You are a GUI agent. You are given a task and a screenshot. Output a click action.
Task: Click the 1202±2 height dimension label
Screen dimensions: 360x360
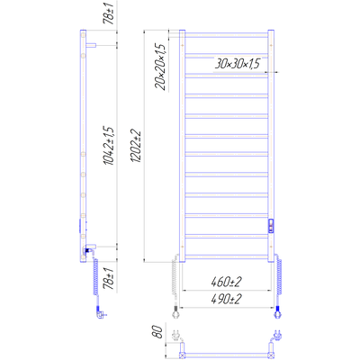136,147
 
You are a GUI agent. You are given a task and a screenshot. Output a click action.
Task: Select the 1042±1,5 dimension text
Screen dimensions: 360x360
109,146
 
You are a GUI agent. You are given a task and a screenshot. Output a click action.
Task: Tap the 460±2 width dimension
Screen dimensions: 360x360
226,283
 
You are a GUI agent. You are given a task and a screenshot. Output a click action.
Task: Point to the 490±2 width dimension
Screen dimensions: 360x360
226,300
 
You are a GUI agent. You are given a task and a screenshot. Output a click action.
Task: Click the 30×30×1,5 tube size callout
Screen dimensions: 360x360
237,64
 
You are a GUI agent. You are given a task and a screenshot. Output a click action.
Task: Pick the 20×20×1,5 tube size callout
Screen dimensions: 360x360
160,67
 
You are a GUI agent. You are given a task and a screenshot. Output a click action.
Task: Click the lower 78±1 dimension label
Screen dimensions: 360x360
109,279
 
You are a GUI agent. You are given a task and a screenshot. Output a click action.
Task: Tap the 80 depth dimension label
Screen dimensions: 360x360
158,331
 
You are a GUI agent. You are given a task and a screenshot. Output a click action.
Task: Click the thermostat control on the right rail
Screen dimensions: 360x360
271,226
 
